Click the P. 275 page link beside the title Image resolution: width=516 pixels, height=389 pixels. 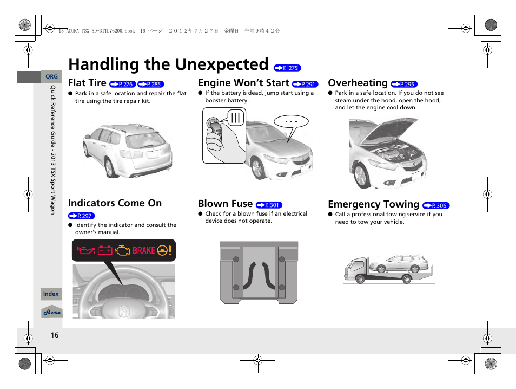pos(287,68)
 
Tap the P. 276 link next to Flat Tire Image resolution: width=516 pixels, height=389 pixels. pos(122,85)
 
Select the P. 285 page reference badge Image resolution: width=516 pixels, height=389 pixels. pos(150,85)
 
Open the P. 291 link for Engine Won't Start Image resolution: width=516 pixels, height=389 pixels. pos(305,85)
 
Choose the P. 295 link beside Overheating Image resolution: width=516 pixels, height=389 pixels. pos(404,85)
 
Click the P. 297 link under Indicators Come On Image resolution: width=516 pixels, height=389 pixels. pos(81,216)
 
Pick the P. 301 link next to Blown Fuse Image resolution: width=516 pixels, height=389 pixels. pos(269,205)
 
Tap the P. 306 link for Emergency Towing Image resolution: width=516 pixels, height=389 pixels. pos(436,206)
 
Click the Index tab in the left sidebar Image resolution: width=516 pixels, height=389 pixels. pos(51,294)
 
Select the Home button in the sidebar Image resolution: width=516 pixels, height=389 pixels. pos(52,312)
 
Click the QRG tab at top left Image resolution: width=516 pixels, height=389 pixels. pos(51,77)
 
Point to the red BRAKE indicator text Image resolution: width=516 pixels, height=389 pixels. pos(143,250)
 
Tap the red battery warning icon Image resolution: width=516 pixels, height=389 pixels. pos(105,250)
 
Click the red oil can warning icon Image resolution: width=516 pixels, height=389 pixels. pos(85,250)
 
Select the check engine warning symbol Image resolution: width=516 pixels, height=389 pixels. pos(123,250)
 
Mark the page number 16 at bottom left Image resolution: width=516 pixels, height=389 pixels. pos(55,335)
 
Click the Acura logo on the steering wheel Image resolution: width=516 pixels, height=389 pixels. pos(124,311)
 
